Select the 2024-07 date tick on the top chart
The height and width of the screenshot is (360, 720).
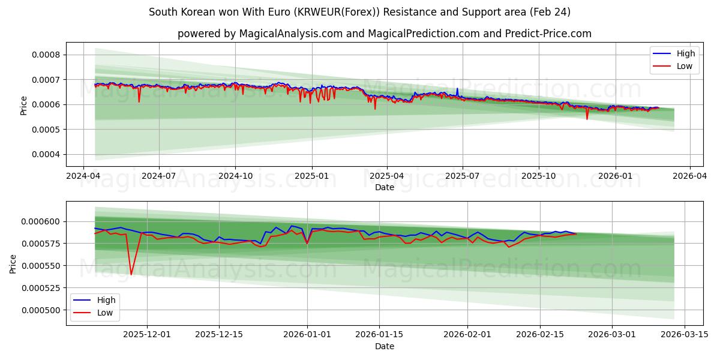158,177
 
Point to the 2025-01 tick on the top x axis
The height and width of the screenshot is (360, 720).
311,177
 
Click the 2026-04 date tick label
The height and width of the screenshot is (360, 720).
689,177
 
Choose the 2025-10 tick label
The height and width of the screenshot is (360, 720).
538,177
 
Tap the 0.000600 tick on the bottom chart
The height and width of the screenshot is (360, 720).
40,221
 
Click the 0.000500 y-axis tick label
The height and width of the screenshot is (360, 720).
40,310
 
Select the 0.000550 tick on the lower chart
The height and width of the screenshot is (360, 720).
40,266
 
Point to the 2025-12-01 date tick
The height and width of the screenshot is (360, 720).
148,335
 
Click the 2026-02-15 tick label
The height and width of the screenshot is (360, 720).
541,335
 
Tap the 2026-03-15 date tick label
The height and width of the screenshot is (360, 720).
683,335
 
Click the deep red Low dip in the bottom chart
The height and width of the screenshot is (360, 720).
131,274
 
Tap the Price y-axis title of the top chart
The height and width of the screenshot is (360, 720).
24,106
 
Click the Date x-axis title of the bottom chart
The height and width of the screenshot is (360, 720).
384,346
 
